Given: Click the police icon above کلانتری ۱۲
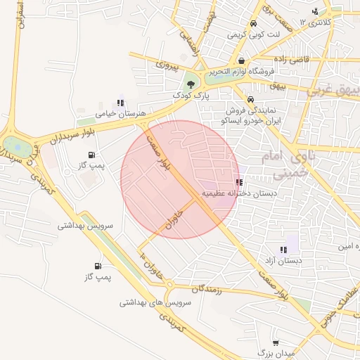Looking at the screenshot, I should click(315, 11).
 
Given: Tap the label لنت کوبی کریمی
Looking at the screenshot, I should click(254, 34).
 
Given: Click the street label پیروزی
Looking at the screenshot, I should click(169, 67).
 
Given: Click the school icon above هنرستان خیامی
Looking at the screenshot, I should click(120, 103).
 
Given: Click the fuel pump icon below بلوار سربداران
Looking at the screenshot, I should click(91, 155).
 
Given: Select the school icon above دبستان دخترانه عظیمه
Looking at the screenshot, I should click(240, 182).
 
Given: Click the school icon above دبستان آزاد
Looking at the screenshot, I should click(283, 250).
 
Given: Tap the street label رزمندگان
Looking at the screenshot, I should click(206, 288).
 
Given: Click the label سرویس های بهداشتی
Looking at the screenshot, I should click(155, 302).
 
